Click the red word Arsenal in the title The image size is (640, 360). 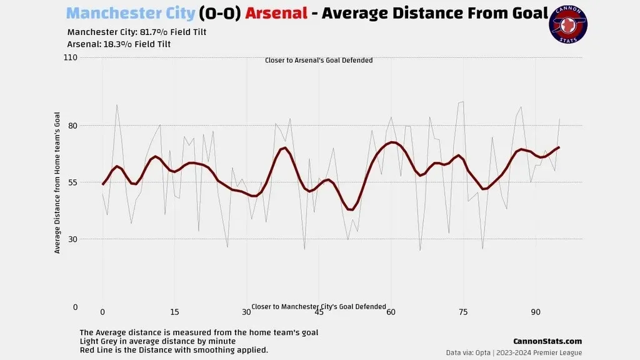[x=276, y=13]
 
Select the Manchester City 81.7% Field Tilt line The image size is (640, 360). [x=136, y=32]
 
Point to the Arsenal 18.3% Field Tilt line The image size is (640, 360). [x=119, y=44]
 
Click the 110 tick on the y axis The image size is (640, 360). [x=70, y=57]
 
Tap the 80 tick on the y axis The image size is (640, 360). [x=72, y=126]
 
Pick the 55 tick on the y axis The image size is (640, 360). [x=72, y=182]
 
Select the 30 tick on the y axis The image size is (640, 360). [x=72, y=239]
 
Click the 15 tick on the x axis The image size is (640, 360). [x=174, y=312]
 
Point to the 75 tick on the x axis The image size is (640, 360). [x=463, y=312]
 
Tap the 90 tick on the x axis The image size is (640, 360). [x=536, y=312]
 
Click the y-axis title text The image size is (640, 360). [x=57, y=182]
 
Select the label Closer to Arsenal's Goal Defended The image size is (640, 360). [x=319, y=61]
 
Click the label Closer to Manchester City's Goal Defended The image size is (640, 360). [x=319, y=307]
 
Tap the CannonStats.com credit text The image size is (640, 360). [x=547, y=341]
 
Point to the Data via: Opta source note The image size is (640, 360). [x=514, y=352]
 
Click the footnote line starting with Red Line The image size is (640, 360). [x=174, y=350]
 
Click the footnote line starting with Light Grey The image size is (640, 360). [x=157, y=341]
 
